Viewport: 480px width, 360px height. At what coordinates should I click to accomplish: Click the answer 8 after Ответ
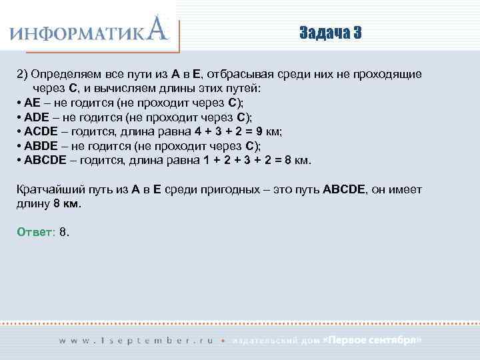pos(63,232)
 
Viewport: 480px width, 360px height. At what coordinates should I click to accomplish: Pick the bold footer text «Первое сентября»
pos(372,340)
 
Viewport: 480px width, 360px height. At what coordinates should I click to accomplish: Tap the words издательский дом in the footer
pos(275,340)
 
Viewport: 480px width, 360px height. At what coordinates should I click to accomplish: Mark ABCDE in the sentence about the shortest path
pos(344,189)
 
